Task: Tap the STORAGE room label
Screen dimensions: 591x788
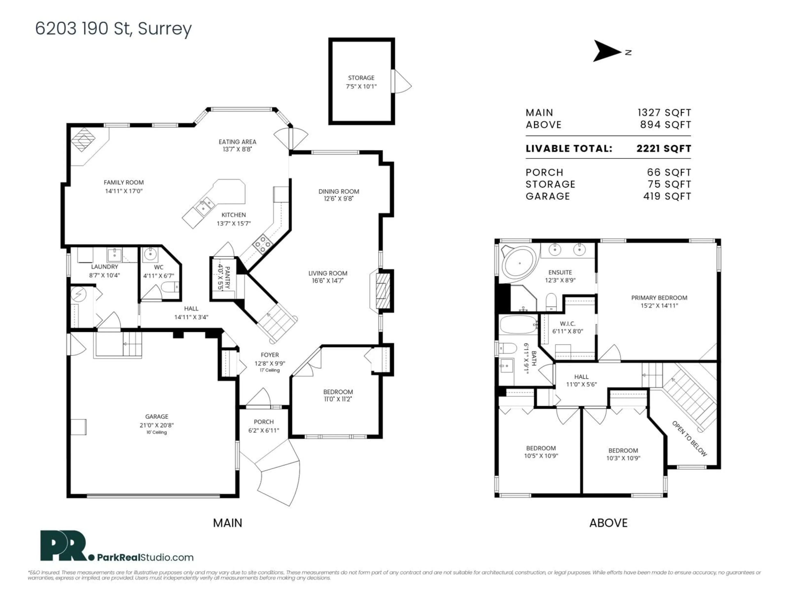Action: point(361,78)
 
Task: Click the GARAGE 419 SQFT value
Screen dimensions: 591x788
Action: point(667,196)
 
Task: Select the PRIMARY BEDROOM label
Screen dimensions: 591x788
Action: point(659,298)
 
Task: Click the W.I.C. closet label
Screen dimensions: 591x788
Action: point(567,323)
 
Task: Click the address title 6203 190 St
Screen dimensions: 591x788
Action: point(113,29)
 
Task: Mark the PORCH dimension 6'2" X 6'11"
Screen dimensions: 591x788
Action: point(264,430)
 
